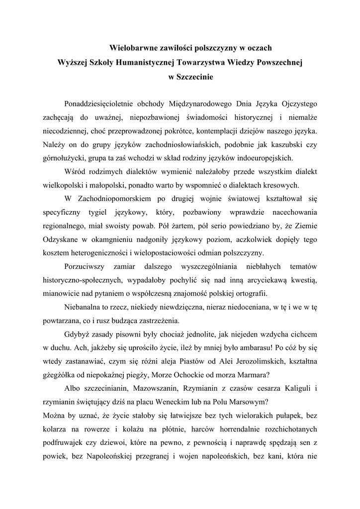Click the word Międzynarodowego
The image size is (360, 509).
tap(216, 104)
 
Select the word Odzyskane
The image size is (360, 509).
tap(59, 239)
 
